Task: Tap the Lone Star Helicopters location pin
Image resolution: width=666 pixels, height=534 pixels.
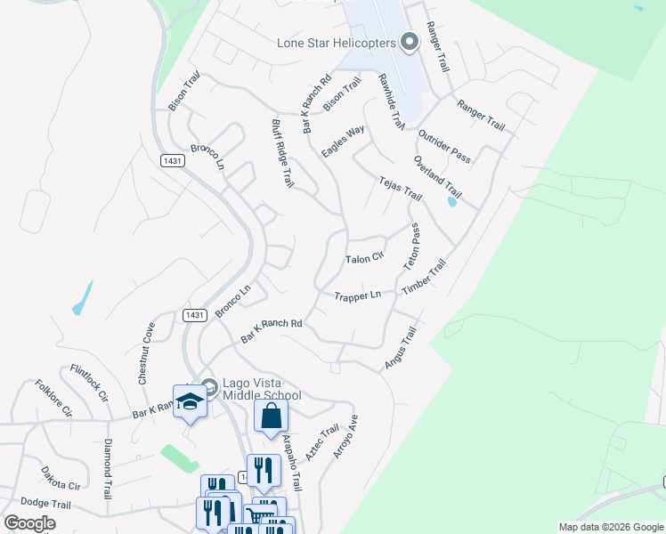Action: coord(410,41)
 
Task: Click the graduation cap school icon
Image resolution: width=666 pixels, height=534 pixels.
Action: coord(190,403)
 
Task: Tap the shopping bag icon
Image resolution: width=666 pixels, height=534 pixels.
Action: coord(271,416)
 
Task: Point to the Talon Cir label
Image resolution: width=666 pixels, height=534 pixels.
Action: coord(363,259)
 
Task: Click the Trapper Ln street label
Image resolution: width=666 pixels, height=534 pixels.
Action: coord(357,295)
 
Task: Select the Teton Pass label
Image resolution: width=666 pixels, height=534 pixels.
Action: coord(412,247)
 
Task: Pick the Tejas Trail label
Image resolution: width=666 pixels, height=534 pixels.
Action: coord(400,188)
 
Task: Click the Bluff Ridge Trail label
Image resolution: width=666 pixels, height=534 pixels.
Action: coord(281,154)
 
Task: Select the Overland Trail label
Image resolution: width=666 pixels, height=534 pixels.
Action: coord(437,177)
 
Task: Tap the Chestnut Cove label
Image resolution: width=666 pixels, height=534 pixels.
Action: coord(145,353)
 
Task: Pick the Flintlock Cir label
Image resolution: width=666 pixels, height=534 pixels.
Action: coord(90,382)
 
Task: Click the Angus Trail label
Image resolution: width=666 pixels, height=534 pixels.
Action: coord(400,348)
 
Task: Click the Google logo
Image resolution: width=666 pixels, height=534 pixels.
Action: coord(30,523)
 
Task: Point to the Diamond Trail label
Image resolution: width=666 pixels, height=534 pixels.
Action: coord(108,469)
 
